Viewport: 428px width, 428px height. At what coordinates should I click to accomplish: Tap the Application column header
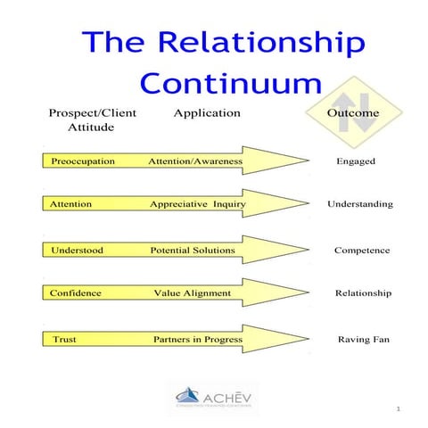click(x=207, y=113)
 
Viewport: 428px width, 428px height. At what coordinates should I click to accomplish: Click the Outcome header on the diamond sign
click(x=353, y=113)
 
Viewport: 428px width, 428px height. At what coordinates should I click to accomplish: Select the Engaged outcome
click(x=356, y=161)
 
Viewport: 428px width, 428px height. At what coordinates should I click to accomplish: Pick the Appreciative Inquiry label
click(x=197, y=204)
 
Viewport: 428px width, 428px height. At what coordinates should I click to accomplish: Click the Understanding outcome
click(x=360, y=204)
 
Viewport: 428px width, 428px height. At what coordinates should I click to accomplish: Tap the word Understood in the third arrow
click(x=77, y=251)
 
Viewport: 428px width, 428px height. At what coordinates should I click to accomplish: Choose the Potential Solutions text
click(x=193, y=251)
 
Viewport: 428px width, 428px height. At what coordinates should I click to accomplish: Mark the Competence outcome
click(x=361, y=251)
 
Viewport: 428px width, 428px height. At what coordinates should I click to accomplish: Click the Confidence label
click(x=76, y=292)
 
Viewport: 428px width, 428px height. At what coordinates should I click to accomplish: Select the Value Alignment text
click(x=192, y=292)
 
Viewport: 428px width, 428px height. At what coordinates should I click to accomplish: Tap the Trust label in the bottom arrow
click(x=64, y=339)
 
